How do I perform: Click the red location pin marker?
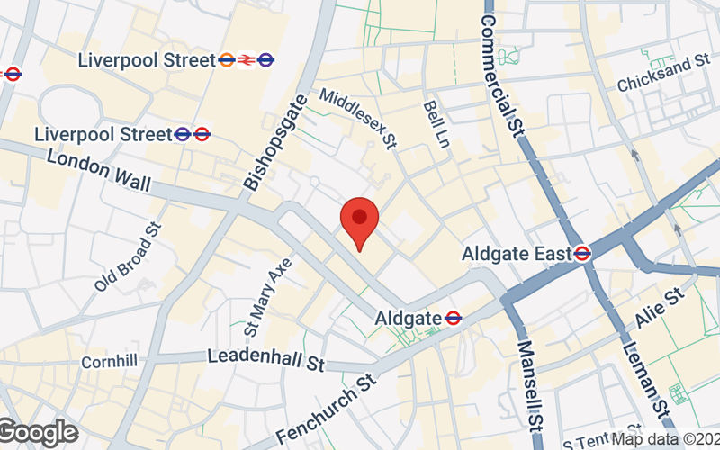point(359,220)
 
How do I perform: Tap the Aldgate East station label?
point(517,255)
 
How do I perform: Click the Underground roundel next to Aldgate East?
point(583,255)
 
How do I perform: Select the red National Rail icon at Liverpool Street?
point(246,60)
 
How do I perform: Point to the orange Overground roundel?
point(227,60)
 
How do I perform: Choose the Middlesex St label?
point(358,117)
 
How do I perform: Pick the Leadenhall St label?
point(265,358)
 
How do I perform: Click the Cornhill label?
point(109,361)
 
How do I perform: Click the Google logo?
point(38,433)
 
